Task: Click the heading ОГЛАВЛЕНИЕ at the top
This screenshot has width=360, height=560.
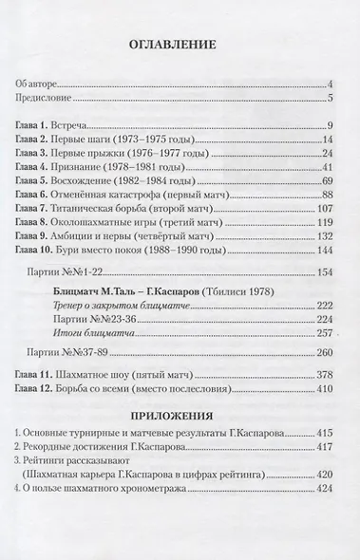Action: [x=179, y=44]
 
